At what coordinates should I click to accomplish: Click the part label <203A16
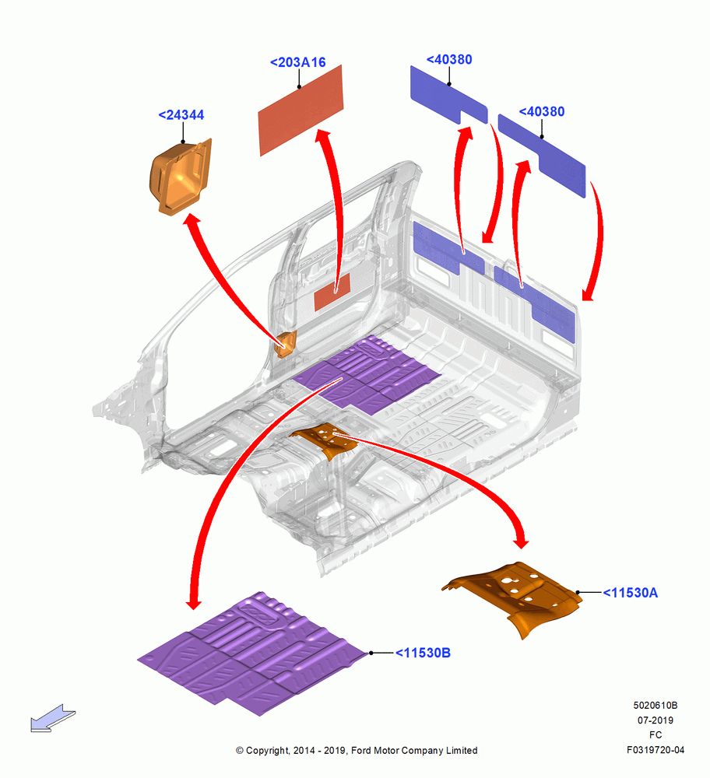tap(298, 62)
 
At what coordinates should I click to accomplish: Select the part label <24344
tap(181, 115)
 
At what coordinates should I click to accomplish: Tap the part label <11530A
tap(630, 593)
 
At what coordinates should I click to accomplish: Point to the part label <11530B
tap(423, 653)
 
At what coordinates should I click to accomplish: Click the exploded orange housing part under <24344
tap(181, 177)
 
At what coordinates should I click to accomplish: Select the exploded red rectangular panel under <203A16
tap(301, 110)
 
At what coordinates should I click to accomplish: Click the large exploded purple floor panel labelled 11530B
tap(252, 654)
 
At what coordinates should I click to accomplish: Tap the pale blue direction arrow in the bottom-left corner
tap(53, 718)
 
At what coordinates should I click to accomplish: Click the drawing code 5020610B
tap(656, 705)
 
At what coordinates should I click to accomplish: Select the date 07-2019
tap(656, 720)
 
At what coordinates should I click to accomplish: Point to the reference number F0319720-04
tap(656, 750)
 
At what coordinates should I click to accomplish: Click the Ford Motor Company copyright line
tap(357, 750)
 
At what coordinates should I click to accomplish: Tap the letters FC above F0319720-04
tap(656, 735)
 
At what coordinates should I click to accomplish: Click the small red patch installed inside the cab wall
tap(332, 293)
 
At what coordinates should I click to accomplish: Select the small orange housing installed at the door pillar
tap(286, 344)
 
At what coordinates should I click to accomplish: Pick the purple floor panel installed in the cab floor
tap(367, 375)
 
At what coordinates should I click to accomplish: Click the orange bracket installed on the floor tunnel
tap(325, 439)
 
